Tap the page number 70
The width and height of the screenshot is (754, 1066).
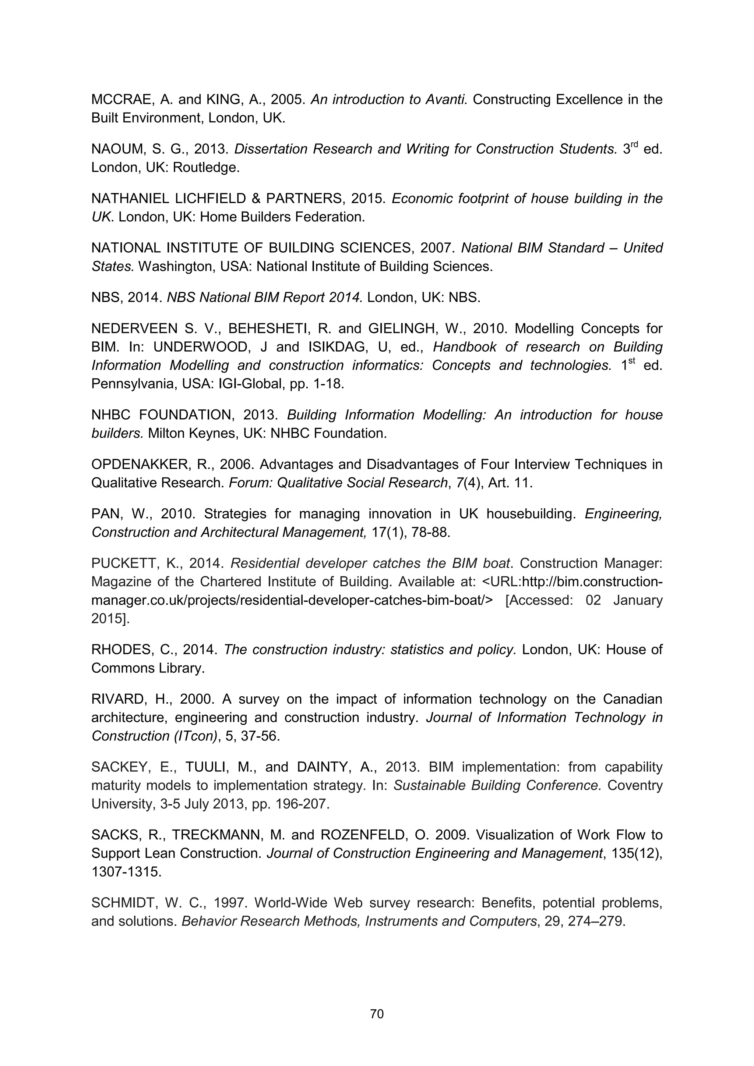coord(377,1013)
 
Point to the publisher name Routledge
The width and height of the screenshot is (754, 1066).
coord(206,168)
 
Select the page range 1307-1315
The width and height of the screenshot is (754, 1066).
coord(126,872)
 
